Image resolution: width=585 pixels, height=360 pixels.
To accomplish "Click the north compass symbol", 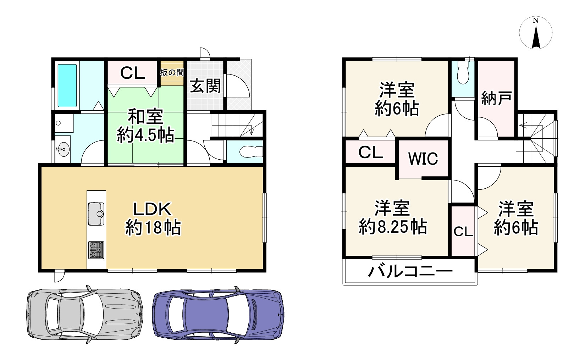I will pyautogui.click(x=536, y=33).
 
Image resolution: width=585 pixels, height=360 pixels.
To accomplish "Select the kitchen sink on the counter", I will pyautogui.click(x=96, y=214).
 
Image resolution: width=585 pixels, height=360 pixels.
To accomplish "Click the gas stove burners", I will pyautogui.click(x=96, y=249).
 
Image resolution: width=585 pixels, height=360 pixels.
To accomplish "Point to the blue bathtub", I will pyautogui.click(x=67, y=85).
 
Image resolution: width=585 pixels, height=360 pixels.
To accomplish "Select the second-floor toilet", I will pyautogui.click(x=463, y=73).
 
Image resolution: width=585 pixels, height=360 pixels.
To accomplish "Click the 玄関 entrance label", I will pyautogui.click(x=205, y=86).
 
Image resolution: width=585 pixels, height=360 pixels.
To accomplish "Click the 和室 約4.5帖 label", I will pyautogui.click(x=145, y=126).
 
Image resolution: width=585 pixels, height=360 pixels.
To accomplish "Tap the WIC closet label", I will pyautogui.click(x=423, y=159).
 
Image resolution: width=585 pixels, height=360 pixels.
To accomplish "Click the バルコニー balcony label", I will pyautogui.click(x=410, y=272).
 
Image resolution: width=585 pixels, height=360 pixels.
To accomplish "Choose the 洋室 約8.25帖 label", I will pyautogui.click(x=393, y=217).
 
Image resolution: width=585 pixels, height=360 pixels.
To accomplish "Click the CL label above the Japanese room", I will pyautogui.click(x=132, y=73).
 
